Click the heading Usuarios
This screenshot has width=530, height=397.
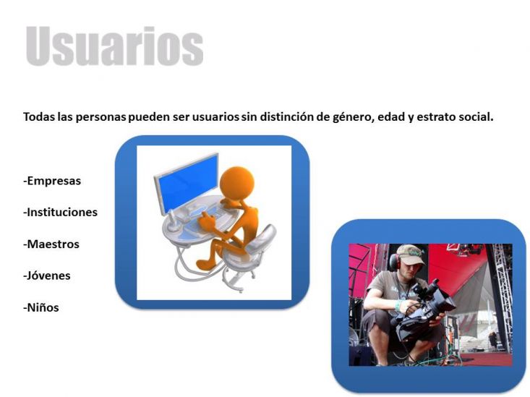coord(114,46)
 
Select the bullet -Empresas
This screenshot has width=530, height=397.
coord(52,181)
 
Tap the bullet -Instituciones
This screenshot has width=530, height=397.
coord(60,213)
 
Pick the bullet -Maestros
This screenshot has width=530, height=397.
coord(51,244)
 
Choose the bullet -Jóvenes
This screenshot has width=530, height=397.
coord(47,276)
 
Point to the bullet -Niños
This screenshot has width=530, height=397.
coord(41,307)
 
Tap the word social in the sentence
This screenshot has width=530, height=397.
coord(476,116)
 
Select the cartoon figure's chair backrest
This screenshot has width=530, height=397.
coord(266,237)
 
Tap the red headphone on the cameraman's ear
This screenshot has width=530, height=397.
coord(394,261)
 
